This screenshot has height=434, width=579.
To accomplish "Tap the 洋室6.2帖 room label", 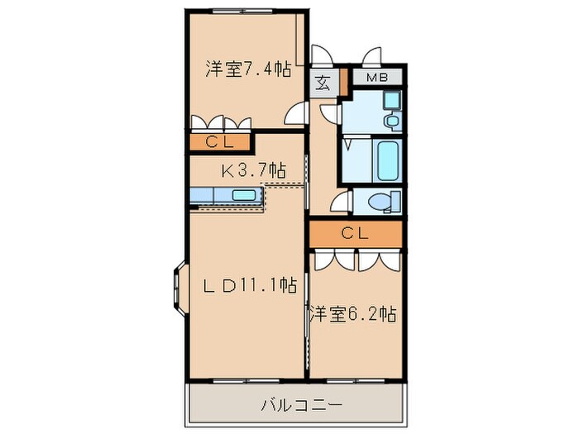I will [x=352, y=314].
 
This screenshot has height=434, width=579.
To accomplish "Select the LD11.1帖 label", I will [x=251, y=286].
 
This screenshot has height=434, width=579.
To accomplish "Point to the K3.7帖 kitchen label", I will [x=252, y=171].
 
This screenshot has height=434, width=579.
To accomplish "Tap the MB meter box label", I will [x=376, y=79].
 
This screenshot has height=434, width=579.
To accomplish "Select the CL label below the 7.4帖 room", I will [x=220, y=142].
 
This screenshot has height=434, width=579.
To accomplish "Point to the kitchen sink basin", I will [x=243, y=196].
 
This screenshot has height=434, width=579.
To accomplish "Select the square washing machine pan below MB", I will [x=391, y=101].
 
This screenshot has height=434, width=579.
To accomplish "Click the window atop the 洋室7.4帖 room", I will [x=240, y=12].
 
